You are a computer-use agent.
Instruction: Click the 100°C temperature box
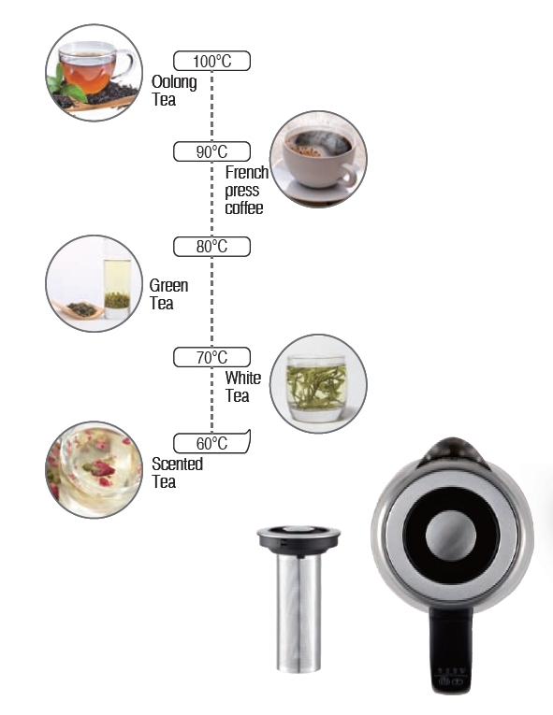pyautogui.click(x=211, y=61)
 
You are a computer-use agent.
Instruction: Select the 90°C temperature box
pyautogui.click(x=211, y=151)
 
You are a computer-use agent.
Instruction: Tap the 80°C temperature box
pyautogui.click(x=211, y=247)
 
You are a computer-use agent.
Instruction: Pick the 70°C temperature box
pyautogui.click(x=211, y=357)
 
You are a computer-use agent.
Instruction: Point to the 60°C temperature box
pyautogui.click(x=211, y=443)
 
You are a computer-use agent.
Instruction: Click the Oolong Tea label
pyautogui.click(x=174, y=91)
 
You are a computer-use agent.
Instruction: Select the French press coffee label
pyautogui.click(x=247, y=190)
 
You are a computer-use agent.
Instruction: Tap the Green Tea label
pyautogui.click(x=168, y=294)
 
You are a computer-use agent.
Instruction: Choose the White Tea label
pyautogui.click(x=243, y=387)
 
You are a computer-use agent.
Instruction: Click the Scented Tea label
pyautogui.click(x=177, y=472)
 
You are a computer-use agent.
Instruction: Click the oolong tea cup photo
pyautogui.click(x=95, y=73)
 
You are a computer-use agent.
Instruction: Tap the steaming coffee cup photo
pyautogui.click(x=318, y=159)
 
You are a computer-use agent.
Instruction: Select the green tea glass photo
pyautogui.click(x=95, y=283)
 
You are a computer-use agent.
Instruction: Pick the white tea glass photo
pyautogui.click(x=318, y=383)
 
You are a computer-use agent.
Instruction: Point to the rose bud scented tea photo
pyautogui.click(x=95, y=470)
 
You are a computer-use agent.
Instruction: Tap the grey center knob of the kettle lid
pyautogui.click(x=451, y=535)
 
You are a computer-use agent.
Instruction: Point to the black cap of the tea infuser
pyautogui.click(x=298, y=538)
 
